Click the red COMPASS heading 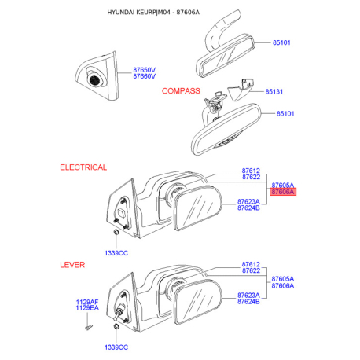point(181,91)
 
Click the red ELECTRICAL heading point(83,167)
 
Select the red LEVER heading point(72,265)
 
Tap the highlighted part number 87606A point(283,192)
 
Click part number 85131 point(274,91)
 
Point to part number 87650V point(145,70)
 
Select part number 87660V point(145,76)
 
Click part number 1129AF point(87,302)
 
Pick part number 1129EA point(87,308)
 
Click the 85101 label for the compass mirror point(285,114)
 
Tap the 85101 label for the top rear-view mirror point(281,42)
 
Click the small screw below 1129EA point(89,327)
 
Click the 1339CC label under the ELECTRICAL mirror point(116,253)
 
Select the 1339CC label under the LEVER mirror point(116,347)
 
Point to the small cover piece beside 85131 point(241,88)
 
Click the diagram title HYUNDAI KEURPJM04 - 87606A point(153,12)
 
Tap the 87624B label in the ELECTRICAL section point(248,208)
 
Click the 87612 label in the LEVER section point(251,264)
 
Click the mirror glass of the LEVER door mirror point(198,302)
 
